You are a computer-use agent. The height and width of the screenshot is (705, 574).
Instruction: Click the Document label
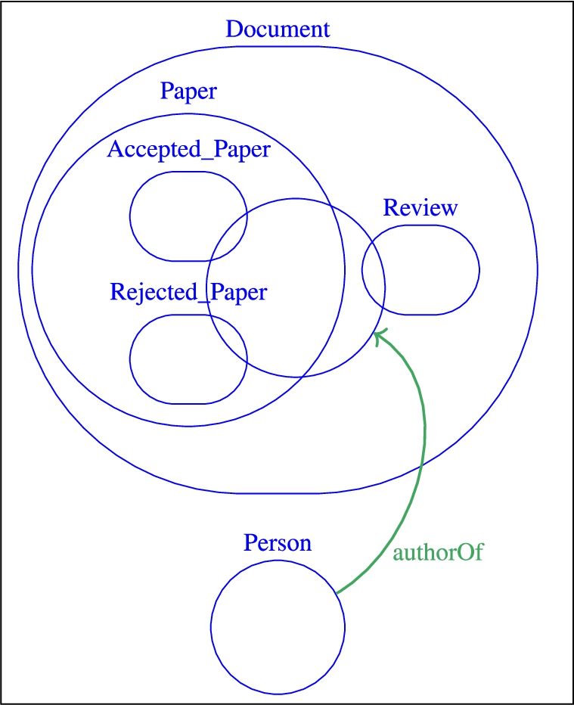coord(278,30)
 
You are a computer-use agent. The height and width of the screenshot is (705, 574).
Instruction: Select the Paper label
coord(188,92)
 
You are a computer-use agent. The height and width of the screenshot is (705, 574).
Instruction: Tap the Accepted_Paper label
coord(188,149)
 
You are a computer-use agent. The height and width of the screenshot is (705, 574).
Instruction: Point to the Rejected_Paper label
coord(188,291)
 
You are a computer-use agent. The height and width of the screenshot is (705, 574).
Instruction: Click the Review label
coord(420,208)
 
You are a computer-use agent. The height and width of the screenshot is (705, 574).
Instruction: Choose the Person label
coord(278,543)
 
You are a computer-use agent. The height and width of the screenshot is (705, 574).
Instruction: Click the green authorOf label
coord(438,552)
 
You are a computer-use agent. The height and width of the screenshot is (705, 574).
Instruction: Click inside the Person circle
coord(278,626)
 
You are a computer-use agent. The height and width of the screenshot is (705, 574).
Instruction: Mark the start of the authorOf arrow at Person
coord(337,592)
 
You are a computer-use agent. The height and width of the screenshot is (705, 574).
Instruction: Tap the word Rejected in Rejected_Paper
coord(150,291)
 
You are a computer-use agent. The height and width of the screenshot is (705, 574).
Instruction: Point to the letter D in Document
coord(234,30)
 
